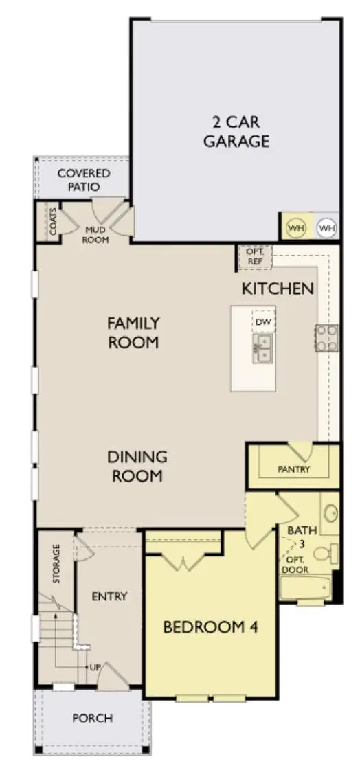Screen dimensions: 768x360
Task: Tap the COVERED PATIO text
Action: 83,180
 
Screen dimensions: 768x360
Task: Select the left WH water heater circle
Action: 296,228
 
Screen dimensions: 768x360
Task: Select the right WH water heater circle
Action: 326,228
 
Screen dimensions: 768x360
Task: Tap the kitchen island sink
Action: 263,348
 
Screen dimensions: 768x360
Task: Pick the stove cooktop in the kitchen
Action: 326,338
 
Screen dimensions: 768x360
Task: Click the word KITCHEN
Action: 278,289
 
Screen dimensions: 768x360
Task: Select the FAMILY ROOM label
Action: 133,332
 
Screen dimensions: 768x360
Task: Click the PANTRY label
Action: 294,470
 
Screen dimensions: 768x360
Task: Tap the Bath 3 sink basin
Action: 330,513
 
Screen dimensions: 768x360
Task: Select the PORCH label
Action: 92,719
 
